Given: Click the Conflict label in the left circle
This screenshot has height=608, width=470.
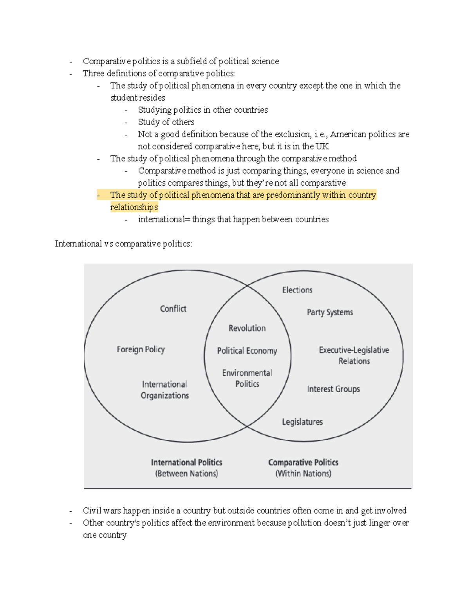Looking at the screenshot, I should [x=173, y=309].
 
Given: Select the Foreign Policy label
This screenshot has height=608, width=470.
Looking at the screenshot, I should [x=141, y=349].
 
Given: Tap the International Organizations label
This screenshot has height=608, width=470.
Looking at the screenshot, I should [x=164, y=390].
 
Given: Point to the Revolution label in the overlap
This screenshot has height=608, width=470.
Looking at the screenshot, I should [x=247, y=328].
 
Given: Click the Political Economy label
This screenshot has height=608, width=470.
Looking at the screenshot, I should [x=247, y=351].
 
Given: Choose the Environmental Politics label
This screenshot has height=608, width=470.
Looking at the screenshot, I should [x=247, y=378].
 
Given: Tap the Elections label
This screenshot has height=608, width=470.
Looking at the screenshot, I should [x=297, y=290].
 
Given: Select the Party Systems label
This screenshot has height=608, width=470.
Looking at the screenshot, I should [x=330, y=312].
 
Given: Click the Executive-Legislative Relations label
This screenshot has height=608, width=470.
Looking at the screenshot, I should [x=354, y=355].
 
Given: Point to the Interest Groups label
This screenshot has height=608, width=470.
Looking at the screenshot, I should [x=333, y=389].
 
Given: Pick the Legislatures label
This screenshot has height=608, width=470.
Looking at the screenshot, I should [x=302, y=422].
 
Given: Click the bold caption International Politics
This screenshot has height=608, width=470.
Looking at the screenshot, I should [x=186, y=462].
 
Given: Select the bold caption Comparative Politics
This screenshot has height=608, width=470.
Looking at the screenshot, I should [x=303, y=462].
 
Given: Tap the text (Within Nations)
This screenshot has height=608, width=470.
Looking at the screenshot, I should [x=303, y=474].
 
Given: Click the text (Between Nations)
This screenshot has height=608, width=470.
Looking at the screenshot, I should [x=186, y=474].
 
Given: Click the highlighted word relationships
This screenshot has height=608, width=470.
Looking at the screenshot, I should [x=134, y=207].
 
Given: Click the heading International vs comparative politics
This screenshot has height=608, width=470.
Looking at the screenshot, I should [x=123, y=244].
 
